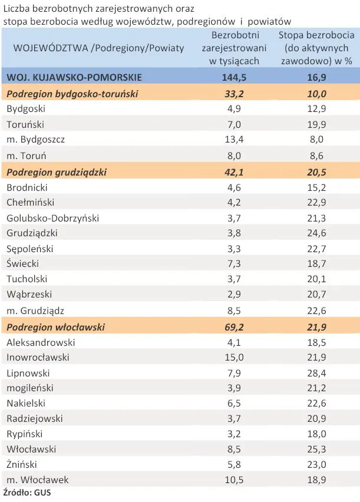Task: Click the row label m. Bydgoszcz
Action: click(35, 140)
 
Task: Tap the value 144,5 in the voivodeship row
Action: click(234, 77)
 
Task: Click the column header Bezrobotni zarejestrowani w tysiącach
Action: click(234, 47)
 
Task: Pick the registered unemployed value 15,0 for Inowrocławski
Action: click(234, 358)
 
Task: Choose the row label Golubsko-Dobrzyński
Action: click(52, 218)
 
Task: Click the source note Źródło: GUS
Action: click(27, 493)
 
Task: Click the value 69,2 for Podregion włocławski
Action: click(234, 326)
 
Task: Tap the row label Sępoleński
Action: click(30, 249)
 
